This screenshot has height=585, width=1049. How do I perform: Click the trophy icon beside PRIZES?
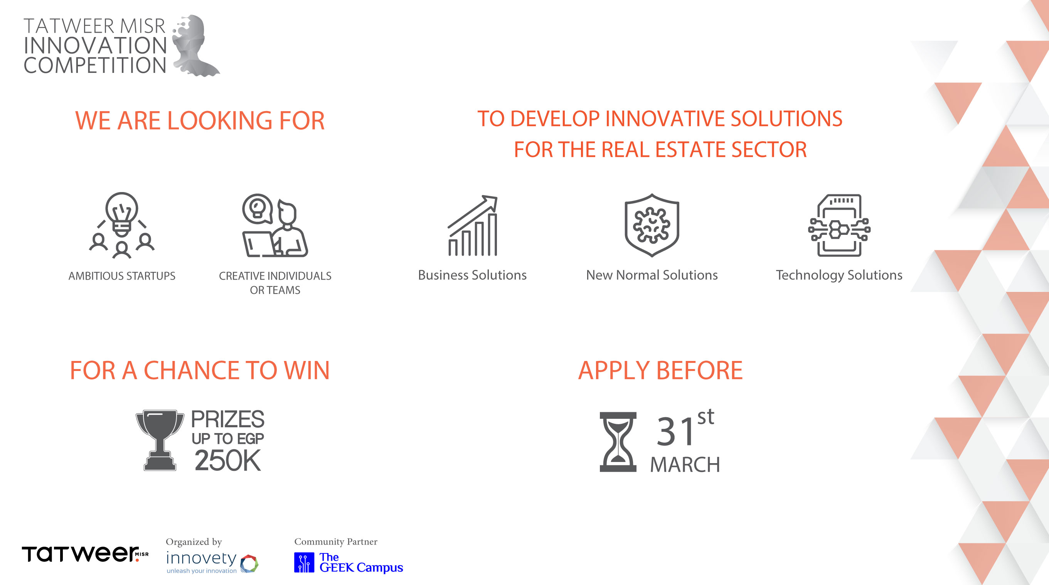160,440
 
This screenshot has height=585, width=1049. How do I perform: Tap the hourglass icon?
618,442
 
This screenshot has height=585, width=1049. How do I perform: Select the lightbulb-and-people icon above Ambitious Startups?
122,225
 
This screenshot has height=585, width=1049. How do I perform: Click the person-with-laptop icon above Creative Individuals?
275,225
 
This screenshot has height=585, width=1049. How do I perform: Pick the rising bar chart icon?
472,225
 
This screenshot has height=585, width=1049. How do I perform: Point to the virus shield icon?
652,225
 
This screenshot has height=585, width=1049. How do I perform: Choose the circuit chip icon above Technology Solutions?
839,225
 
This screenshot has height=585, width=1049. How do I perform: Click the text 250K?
227,460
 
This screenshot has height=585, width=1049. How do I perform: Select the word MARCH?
685,464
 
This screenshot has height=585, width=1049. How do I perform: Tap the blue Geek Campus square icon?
304,563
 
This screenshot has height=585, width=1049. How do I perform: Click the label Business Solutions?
472,275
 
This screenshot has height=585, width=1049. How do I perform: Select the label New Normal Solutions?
652,275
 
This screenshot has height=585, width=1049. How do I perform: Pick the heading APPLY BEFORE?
660,370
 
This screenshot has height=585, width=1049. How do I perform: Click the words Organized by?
194,542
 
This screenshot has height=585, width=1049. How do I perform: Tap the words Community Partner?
336,541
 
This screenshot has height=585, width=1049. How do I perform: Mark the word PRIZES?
227,419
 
